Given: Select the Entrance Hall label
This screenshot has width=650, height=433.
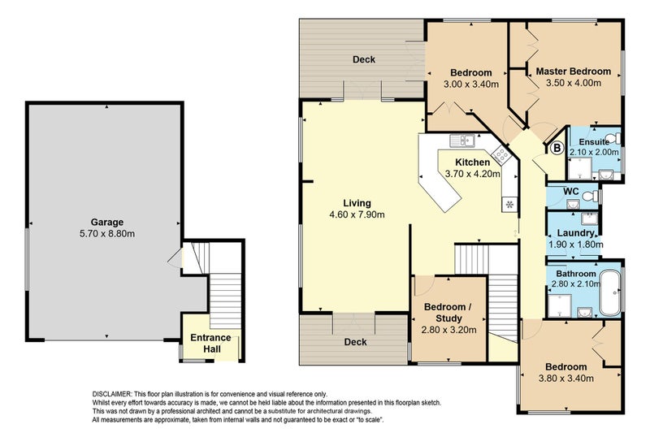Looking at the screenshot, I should click(210, 344).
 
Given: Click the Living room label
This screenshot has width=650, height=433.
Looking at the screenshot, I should click(357, 202).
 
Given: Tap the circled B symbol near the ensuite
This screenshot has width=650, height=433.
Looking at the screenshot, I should click(557, 148).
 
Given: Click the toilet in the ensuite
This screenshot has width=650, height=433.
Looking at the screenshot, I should click(615, 137).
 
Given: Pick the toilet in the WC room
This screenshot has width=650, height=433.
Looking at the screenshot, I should click(594, 196).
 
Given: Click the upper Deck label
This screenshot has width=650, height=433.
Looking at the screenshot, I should click(363, 59).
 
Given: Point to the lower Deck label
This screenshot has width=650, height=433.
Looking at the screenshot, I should click(356, 342).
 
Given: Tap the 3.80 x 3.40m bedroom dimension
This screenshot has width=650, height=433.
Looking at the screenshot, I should click(565, 378).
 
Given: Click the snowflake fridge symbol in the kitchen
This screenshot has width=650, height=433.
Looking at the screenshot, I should click(509, 203).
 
